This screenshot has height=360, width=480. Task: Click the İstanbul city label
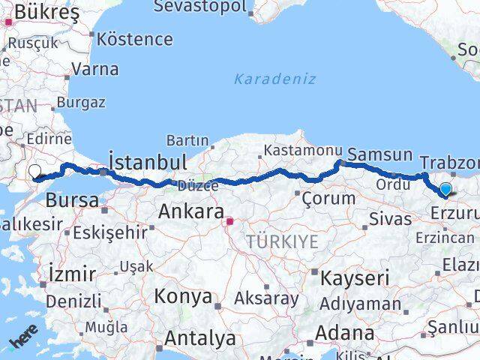(147, 162)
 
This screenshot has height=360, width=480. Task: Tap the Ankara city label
(190, 211)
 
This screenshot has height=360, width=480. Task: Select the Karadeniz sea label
(274, 79)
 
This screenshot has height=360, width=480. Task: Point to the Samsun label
(380, 154)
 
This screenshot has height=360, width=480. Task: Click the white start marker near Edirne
(34, 171)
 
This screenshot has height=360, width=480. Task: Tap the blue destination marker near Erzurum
(445, 189)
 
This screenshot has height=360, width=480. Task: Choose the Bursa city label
(72, 200)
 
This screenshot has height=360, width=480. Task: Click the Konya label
(184, 296)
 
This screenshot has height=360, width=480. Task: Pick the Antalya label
(199, 338)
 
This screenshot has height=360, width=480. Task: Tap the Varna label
(95, 69)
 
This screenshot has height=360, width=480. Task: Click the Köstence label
(135, 38)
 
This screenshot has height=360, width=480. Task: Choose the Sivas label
(390, 219)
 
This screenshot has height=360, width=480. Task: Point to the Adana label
(345, 331)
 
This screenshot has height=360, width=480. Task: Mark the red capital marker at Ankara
(231, 221)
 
